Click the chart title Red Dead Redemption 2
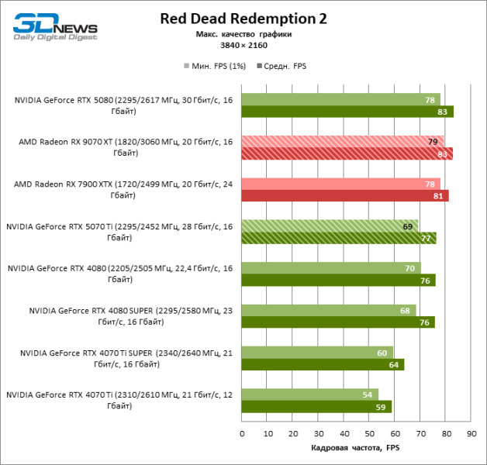(244, 19)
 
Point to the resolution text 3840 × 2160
(243, 46)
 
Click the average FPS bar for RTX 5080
(347, 112)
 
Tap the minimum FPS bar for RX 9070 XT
(342, 142)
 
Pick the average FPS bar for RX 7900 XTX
(344, 195)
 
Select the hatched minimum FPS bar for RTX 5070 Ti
(330, 226)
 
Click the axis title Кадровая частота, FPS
(356, 448)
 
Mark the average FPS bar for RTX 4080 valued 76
(338, 280)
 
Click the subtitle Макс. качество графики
(243, 34)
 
